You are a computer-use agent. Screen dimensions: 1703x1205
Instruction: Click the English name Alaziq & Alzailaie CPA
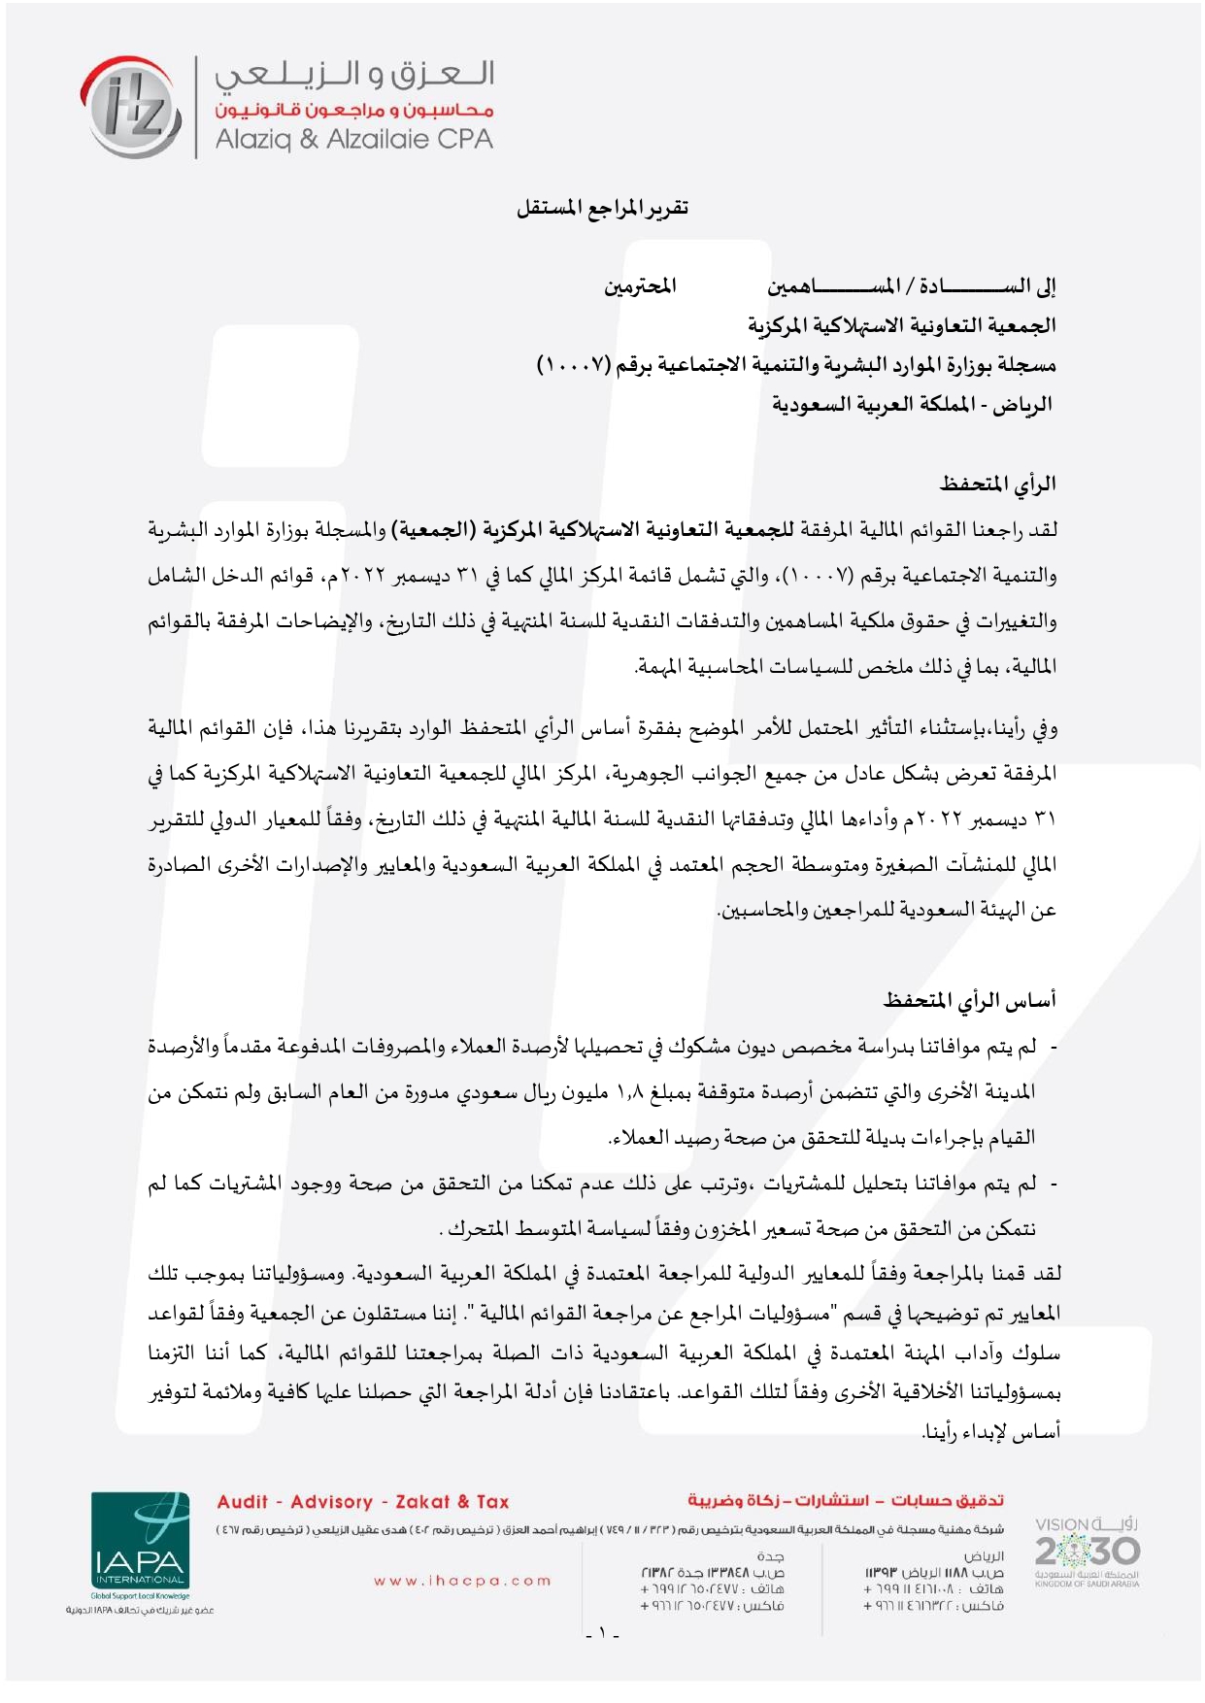coord(353,139)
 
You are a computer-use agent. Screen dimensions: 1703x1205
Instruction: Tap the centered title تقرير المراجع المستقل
coord(602,208)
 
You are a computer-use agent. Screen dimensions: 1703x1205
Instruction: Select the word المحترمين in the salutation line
coord(640,286)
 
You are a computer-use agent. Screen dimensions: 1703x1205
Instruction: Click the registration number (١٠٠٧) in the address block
coord(573,365)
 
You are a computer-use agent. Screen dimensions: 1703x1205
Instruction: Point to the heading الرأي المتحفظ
coord(997,484)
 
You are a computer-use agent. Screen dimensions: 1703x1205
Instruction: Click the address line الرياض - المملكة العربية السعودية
coord(912,404)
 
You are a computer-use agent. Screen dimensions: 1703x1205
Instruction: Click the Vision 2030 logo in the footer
coord(1087,1551)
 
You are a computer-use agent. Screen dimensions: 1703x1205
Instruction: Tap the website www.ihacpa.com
coord(462,1581)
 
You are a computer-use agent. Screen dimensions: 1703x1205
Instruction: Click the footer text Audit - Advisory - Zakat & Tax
coord(363,1502)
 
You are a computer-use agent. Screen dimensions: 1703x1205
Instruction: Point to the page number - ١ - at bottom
coord(602,1632)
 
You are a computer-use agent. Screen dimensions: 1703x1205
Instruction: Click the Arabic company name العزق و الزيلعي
coord(354,75)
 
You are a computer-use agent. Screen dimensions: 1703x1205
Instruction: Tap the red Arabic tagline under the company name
coord(354,110)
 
